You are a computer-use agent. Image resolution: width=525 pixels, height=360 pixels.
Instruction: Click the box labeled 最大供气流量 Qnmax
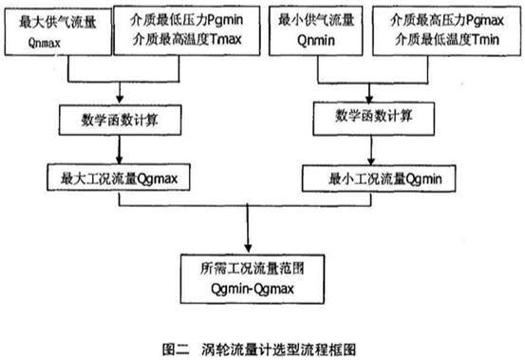point(56,28)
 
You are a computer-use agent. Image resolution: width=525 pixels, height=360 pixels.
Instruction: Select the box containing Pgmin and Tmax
point(180,28)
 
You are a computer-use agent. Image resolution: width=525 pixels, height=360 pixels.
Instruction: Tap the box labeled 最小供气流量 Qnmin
point(318,28)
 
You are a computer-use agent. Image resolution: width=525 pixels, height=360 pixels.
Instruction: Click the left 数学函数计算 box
point(118,119)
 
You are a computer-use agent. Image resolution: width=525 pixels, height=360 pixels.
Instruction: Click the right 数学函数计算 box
point(378,118)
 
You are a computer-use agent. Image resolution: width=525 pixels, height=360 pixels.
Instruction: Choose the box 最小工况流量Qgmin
point(378,176)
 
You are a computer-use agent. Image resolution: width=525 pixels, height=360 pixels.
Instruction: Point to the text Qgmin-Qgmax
point(249,283)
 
